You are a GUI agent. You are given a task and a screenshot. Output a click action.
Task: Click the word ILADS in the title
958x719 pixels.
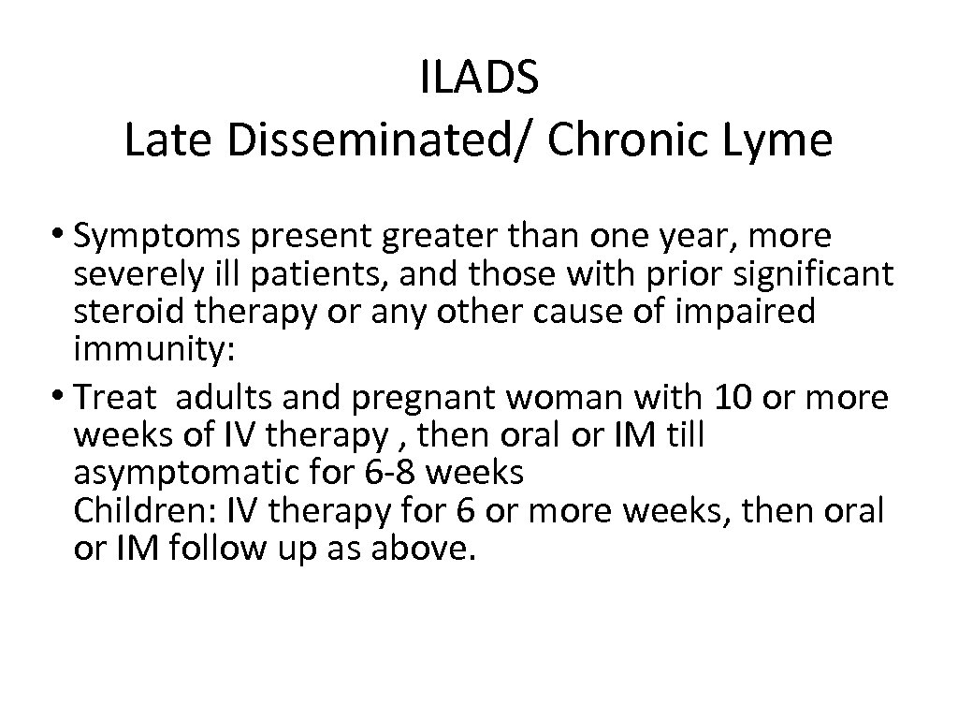tap(479, 78)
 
